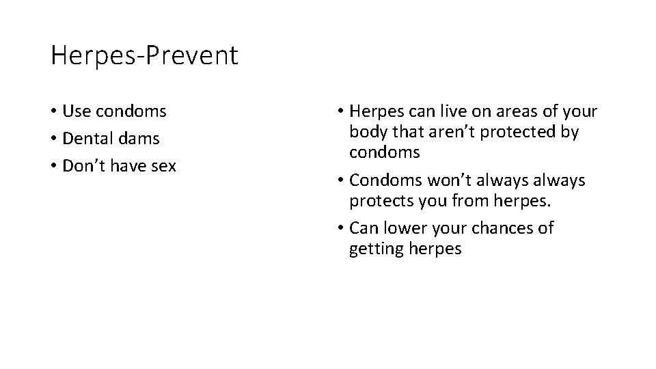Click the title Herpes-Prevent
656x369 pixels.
(144, 56)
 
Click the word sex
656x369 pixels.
(164, 166)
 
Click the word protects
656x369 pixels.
(381, 202)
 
